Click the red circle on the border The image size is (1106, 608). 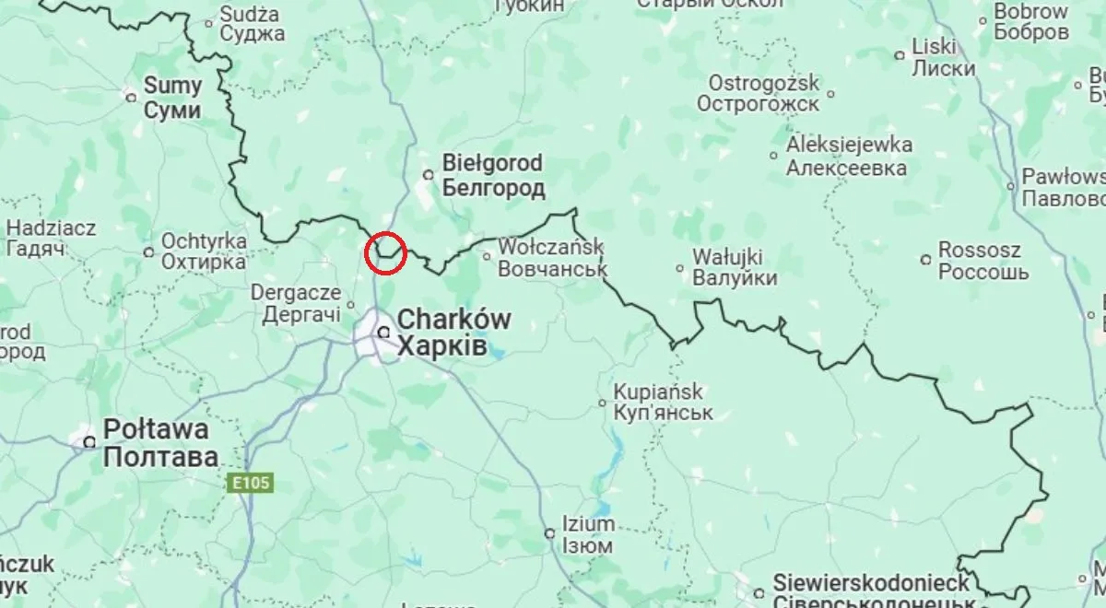[x=386, y=252]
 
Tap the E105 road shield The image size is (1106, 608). [x=247, y=483]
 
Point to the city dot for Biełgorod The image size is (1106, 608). [x=428, y=173]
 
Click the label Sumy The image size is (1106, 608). [x=172, y=88]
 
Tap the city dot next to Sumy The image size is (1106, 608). [x=131, y=94]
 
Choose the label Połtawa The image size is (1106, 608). [x=156, y=428]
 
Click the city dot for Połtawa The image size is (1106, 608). [x=89, y=442]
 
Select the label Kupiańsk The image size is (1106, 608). [x=662, y=391]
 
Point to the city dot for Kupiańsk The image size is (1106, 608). [x=602, y=403]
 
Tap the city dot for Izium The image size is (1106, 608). [x=548, y=533]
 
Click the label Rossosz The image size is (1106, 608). [x=979, y=251]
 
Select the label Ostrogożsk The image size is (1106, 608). [x=763, y=82]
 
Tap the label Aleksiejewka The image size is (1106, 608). [x=849, y=146]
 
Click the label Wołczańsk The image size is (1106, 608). [x=550, y=247]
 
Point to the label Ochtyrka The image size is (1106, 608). [x=204, y=240]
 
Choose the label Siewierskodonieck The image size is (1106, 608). [x=871, y=583]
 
